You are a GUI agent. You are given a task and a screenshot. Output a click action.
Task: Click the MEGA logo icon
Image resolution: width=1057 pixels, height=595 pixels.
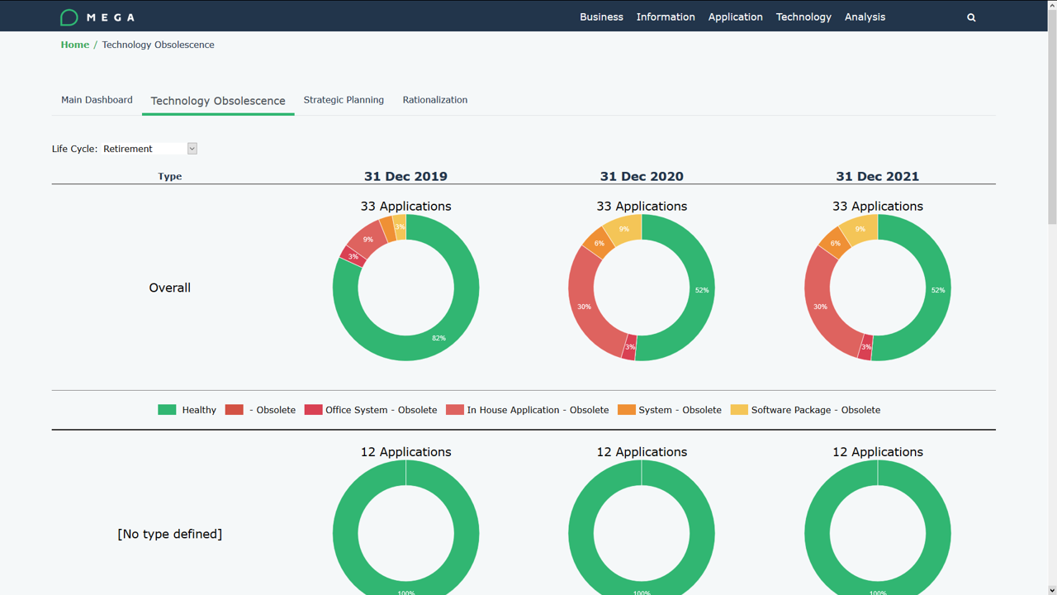(69, 17)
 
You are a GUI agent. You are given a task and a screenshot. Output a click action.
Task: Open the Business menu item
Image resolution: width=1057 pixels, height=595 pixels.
(601, 17)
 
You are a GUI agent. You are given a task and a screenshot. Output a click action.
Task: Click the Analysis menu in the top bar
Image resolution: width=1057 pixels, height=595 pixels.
(865, 17)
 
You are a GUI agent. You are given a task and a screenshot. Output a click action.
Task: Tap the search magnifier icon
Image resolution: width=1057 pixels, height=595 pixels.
(971, 17)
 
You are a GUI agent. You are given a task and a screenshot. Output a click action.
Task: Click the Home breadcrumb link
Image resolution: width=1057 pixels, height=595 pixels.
(74, 45)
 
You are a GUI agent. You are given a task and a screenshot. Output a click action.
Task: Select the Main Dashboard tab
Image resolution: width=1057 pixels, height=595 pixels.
(97, 100)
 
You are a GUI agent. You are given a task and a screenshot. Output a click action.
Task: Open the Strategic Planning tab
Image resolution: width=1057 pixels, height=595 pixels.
(344, 100)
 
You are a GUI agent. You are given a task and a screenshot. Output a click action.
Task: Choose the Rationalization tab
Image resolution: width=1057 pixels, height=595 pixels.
(434, 100)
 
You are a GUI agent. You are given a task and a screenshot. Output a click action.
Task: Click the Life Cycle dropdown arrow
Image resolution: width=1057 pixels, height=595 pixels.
(192, 149)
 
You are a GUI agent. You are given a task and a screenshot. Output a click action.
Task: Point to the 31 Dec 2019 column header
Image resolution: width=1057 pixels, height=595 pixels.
(405, 176)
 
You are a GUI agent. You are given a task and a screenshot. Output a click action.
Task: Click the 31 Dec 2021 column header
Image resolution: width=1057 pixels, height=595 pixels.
(877, 176)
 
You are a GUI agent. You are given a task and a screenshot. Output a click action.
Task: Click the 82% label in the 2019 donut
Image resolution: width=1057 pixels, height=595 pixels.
(438, 338)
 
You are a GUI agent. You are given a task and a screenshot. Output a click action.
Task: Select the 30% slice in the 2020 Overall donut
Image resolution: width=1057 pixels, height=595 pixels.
(584, 307)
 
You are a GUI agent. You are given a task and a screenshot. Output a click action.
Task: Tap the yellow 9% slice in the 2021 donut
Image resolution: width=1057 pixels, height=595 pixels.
(860, 229)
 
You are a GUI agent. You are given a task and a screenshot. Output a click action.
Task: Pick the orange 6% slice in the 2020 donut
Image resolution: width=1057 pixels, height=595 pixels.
(599, 243)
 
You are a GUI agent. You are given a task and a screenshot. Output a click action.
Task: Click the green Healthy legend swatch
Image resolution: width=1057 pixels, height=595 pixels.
(167, 410)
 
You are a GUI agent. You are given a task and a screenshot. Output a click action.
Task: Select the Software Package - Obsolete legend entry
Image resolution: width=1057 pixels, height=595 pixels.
(815, 410)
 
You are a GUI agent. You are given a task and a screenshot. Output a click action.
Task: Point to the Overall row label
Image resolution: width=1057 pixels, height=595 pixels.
(169, 288)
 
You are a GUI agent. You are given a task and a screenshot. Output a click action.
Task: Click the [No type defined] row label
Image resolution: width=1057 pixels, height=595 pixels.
(169, 534)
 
